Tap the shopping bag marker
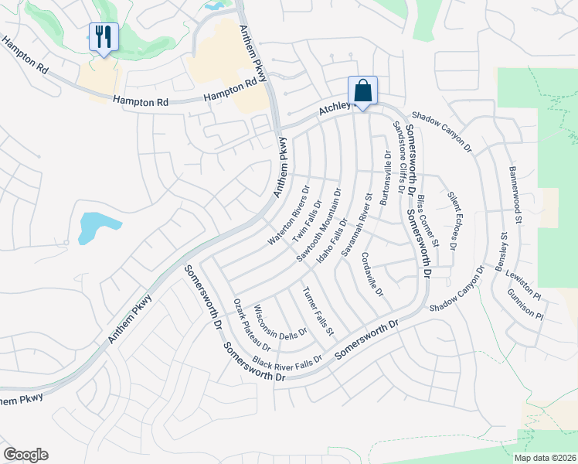coord(362,90)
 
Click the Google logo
coord(25,455)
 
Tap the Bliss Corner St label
coord(427,222)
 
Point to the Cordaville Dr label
coord(372,277)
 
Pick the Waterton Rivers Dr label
coord(288,216)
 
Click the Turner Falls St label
coord(318,311)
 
